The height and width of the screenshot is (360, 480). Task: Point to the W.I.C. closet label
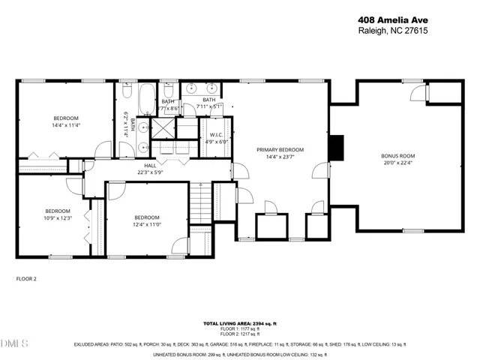216,135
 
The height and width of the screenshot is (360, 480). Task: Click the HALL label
150,166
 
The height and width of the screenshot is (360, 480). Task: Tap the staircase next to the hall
199,203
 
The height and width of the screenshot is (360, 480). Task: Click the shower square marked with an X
161,127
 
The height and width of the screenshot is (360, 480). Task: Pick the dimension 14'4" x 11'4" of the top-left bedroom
65,126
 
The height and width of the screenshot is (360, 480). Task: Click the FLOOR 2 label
26,278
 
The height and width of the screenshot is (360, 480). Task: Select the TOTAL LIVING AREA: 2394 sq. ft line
240,322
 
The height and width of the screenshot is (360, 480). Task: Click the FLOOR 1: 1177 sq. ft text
240,328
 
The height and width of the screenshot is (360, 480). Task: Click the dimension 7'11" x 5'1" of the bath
209,106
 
